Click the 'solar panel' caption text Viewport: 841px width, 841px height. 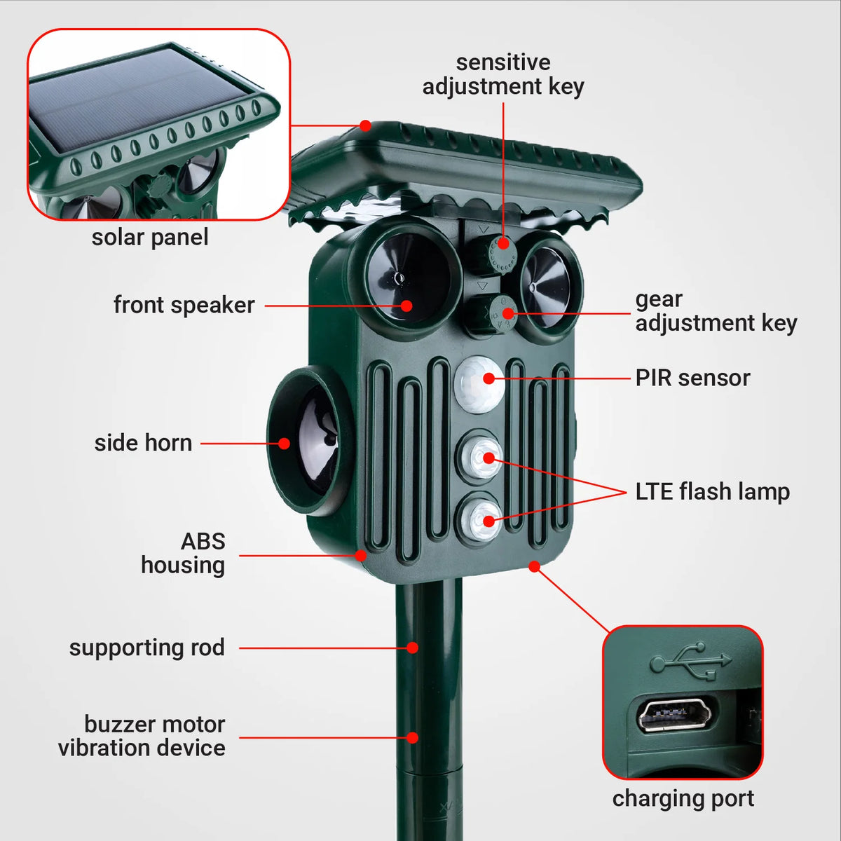point(150,238)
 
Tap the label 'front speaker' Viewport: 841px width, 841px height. point(184,305)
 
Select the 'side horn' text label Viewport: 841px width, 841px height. point(143,443)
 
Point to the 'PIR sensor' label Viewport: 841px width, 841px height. point(692,378)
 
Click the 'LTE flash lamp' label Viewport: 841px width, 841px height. point(712,492)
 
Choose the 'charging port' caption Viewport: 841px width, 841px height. point(683,799)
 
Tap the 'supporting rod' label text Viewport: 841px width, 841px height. point(146,648)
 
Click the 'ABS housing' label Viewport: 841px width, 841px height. point(183,554)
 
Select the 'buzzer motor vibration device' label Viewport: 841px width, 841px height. point(142,737)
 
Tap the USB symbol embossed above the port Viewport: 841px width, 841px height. point(690,660)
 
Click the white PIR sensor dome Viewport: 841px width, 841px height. point(479,385)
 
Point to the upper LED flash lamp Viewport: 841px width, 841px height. point(479,456)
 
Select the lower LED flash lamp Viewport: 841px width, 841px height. point(479,519)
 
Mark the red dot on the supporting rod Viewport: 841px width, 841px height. point(412,648)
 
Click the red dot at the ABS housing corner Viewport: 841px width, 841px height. point(360,556)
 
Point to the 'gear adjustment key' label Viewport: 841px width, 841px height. point(716,312)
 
